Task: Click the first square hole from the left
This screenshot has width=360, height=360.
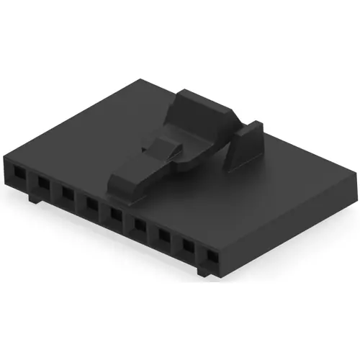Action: point(17,174)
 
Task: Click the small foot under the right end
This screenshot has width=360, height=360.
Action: point(204,272)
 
